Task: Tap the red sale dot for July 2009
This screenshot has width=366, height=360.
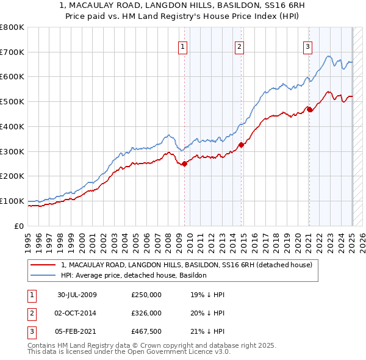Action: tap(184, 163)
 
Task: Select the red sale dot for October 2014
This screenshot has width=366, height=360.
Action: tap(241, 145)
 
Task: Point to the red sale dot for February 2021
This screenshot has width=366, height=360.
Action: tap(309, 109)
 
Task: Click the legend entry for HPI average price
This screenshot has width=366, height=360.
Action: tap(134, 275)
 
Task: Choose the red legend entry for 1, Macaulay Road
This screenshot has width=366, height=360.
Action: tap(187, 265)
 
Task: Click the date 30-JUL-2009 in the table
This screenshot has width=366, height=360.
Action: tap(77, 295)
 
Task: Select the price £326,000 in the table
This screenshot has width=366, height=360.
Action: tap(146, 313)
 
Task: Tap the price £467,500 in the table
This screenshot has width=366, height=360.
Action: tap(146, 331)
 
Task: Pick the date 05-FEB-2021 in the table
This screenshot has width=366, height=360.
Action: tap(77, 331)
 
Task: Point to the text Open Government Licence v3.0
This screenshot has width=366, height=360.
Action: tap(181, 352)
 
